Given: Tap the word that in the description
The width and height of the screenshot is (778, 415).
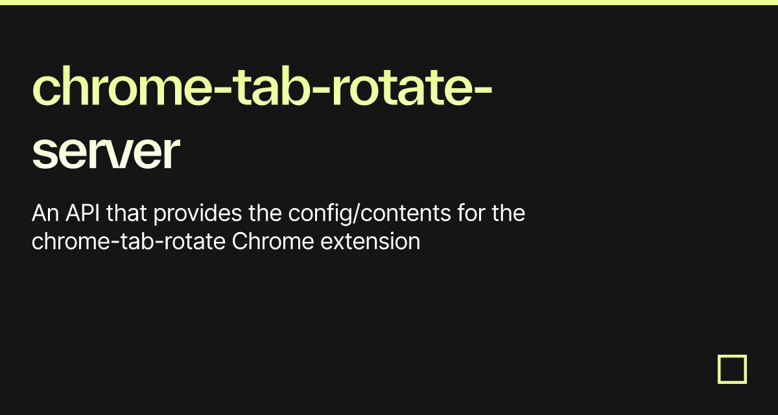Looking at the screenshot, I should point(128,213).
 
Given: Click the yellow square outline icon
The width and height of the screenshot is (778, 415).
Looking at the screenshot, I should point(732,369).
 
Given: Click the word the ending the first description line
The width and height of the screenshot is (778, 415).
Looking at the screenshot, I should point(508,213).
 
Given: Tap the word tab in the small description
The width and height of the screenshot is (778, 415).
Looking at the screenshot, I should point(130,242).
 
